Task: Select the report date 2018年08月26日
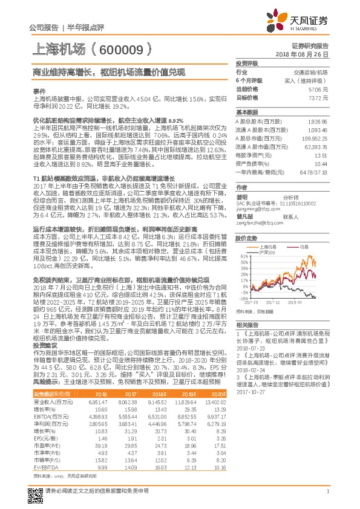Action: [x=306, y=54]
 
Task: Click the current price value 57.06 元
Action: [x=318, y=89]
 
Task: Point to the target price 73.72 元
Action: [x=318, y=97]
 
